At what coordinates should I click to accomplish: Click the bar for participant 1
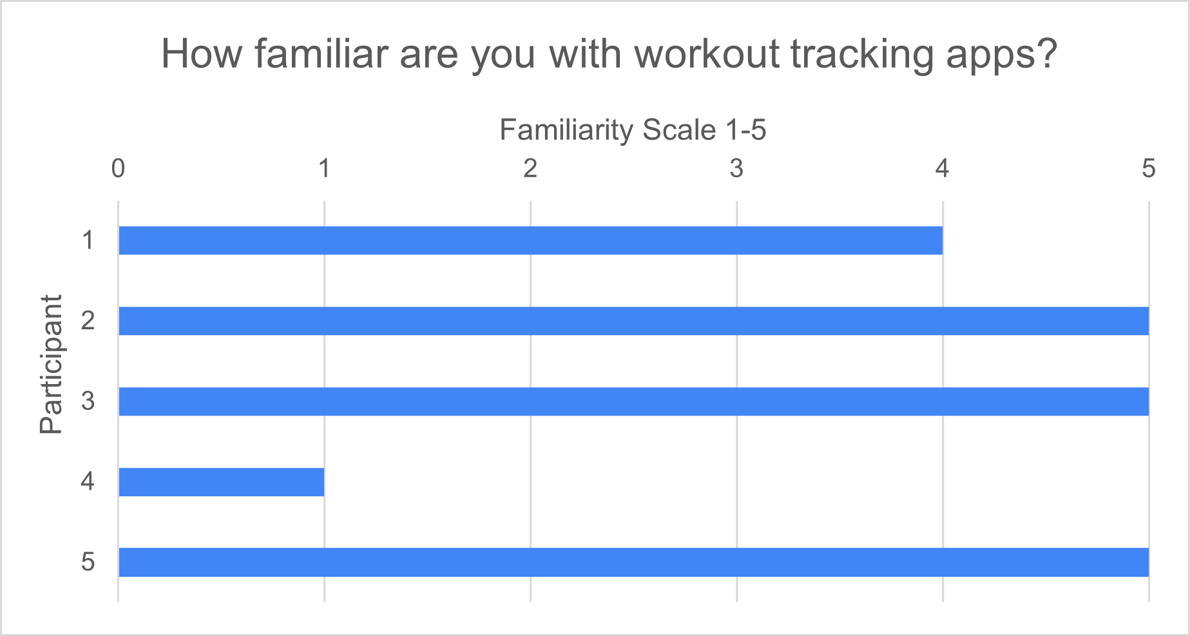coord(530,240)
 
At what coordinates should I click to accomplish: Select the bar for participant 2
coord(633,321)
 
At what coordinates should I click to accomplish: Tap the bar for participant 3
coord(633,401)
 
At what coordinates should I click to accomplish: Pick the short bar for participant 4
coord(221,482)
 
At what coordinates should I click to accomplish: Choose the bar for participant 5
coord(633,562)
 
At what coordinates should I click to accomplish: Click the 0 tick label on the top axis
coord(118,169)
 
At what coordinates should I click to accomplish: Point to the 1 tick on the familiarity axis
coord(324,169)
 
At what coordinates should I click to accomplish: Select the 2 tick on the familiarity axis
coord(530,169)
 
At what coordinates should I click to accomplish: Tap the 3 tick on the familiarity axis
coord(736,169)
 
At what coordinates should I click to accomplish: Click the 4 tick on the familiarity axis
coord(943,169)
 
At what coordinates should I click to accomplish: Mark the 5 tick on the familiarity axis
coord(1149,169)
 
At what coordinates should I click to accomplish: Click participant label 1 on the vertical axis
coord(88,240)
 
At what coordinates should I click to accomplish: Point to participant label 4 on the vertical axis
coord(88,481)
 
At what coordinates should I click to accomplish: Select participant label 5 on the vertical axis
coord(88,562)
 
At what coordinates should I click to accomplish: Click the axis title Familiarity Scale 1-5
coord(633,130)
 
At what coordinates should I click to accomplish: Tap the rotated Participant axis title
coord(51,365)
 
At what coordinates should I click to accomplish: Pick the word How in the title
coord(201,54)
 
